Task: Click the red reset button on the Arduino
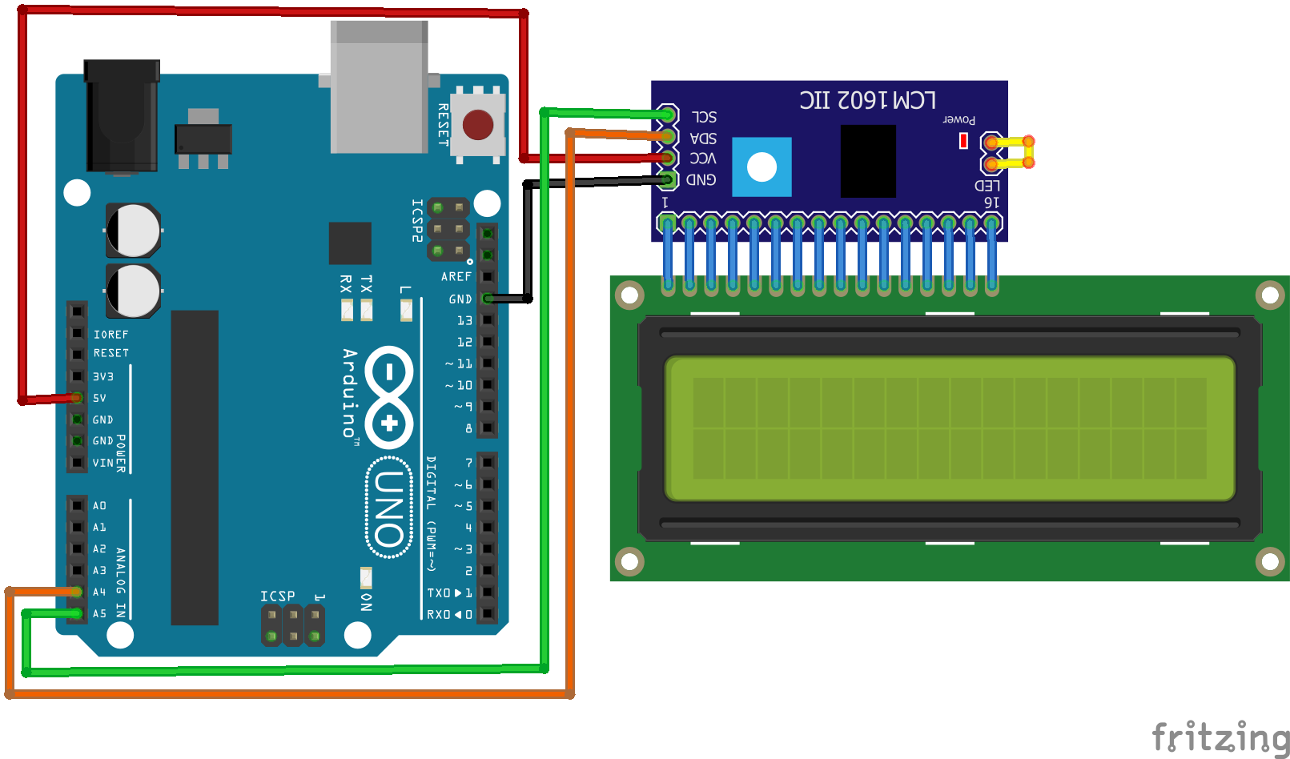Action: (x=477, y=125)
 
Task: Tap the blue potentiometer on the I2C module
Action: (x=762, y=167)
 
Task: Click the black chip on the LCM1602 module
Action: (x=868, y=161)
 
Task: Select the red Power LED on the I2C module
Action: (x=963, y=141)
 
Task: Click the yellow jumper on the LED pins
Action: (x=1011, y=152)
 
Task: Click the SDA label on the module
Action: (x=704, y=138)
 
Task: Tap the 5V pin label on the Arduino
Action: (x=99, y=398)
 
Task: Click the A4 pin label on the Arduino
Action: (x=99, y=592)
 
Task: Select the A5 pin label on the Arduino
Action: (x=99, y=613)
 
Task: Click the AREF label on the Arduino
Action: (x=456, y=276)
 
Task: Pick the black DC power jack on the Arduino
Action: (x=122, y=116)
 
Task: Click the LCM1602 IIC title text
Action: (x=867, y=100)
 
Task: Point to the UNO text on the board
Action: (x=389, y=508)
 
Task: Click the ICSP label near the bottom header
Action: (x=277, y=596)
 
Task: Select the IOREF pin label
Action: (x=111, y=335)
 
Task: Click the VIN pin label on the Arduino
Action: (x=102, y=463)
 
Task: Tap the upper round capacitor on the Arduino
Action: (x=134, y=231)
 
